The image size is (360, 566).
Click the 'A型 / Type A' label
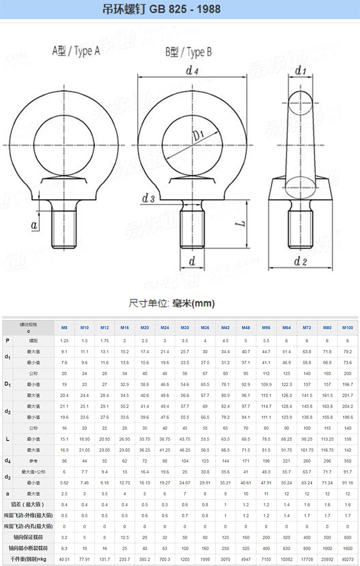pos(76,51)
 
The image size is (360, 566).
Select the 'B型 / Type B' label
pos(189,52)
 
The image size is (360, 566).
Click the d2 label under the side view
pos(300,261)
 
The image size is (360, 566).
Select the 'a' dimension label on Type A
pos(34,225)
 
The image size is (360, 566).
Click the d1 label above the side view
pos(300,71)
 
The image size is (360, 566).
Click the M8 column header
pos(64,328)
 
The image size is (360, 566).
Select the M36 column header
pos(205,328)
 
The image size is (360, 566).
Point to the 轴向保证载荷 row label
pos(27,537)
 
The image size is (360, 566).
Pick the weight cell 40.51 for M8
pos(64,559)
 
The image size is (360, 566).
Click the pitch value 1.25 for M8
pos(64,340)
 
